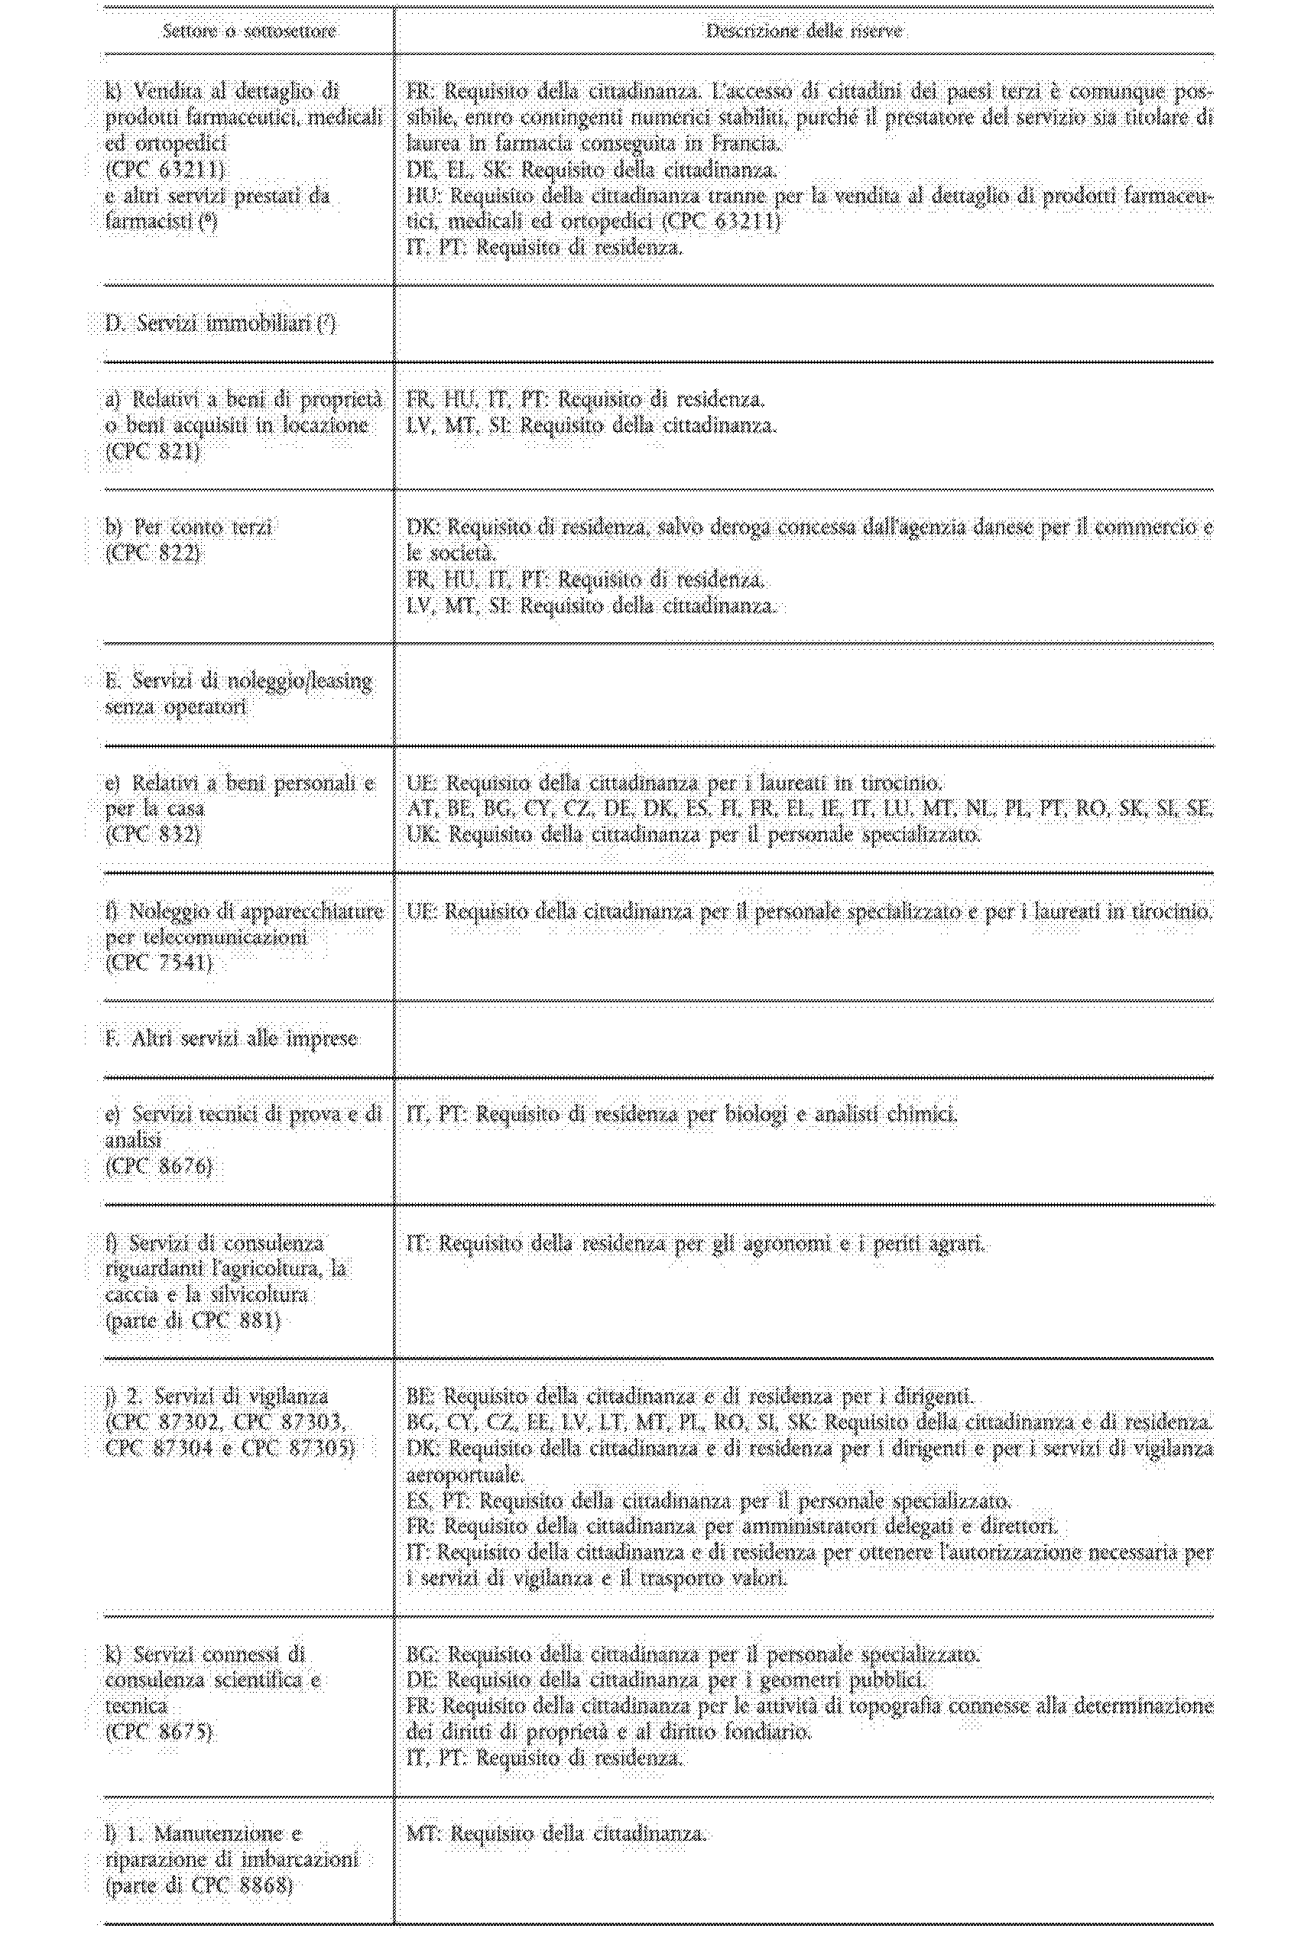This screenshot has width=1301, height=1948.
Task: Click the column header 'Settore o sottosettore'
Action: (x=249, y=31)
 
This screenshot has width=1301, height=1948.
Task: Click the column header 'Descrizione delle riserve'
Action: (x=803, y=31)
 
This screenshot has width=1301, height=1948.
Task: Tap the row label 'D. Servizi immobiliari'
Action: (x=220, y=323)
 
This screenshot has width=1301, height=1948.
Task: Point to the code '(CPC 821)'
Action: (x=154, y=451)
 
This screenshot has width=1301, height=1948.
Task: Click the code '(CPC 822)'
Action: (x=154, y=554)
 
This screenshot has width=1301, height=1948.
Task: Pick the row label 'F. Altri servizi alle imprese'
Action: (x=232, y=1039)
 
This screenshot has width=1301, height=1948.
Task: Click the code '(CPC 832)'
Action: (x=154, y=835)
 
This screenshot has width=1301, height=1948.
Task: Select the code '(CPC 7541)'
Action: (x=159, y=963)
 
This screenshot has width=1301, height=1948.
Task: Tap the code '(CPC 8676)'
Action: (x=159, y=1167)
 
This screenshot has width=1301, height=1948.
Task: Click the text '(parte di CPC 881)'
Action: (x=193, y=1321)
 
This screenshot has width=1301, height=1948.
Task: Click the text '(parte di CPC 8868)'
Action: (x=200, y=1886)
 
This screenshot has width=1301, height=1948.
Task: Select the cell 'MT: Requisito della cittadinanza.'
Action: (x=556, y=1834)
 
